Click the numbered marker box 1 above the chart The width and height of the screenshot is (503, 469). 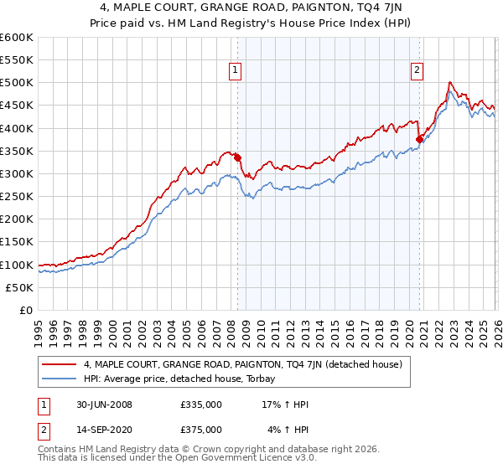click(x=236, y=71)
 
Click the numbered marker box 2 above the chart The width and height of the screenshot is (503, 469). click(x=417, y=71)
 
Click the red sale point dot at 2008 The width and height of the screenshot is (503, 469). click(x=237, y=157)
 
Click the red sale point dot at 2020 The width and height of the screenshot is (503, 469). click(x=420, y=139)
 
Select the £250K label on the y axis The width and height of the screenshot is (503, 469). click(x=17, y=197)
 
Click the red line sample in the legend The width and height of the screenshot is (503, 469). click(x=59, y=365)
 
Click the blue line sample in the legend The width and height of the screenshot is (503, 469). click(x=59, y=379)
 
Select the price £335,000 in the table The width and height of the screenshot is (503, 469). click(x=200, y=405)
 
